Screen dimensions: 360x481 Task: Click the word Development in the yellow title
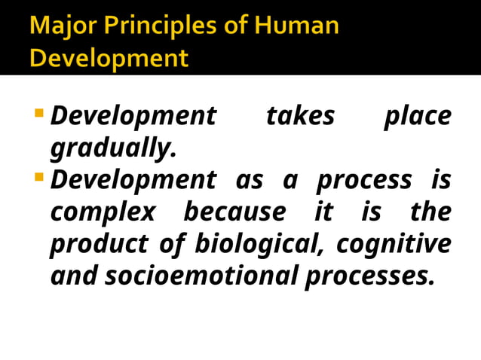(x=109, y=58)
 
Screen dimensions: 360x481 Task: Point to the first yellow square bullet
(x=39, y=113)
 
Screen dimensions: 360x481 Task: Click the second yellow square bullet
(x=39, y=178)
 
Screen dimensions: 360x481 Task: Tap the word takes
(x=300, y=117)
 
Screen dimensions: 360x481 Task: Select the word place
(x=417, y=117)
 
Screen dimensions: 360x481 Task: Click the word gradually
(x=113, y=149)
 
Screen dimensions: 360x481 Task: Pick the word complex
(x=103, y=213)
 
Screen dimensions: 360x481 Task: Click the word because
(x=234, y=212)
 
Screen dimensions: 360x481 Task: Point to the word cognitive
(x=394, y=245)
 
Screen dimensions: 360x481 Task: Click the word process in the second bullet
(x=364, y=181)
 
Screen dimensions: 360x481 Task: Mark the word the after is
(x=430, y=212)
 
